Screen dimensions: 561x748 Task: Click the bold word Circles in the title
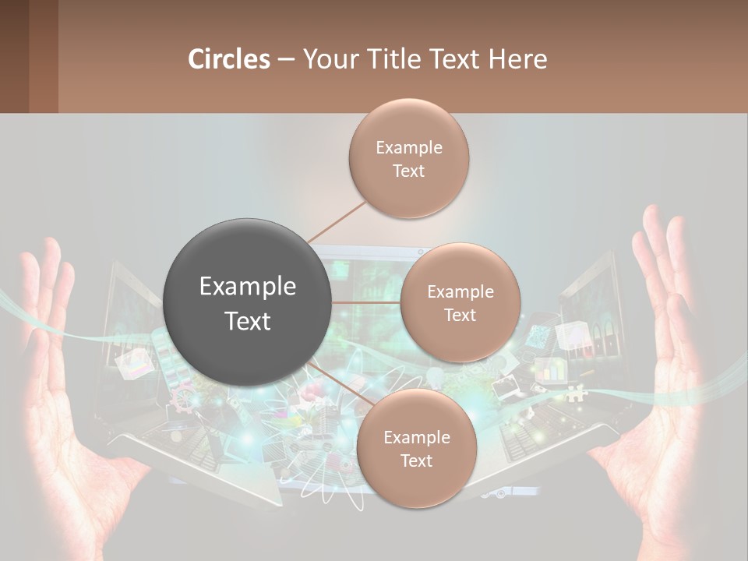click(228, 59)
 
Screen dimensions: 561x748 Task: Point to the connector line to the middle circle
click(366, 302)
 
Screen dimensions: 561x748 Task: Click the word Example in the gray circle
click(248, 287)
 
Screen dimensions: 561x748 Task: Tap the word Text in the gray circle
click(248, 321)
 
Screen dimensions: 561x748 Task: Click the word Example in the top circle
click(408, 147)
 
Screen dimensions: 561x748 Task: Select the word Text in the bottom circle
click(416, 461)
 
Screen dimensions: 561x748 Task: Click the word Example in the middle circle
click(460, 292)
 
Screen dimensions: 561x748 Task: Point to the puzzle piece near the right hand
click(576, 394)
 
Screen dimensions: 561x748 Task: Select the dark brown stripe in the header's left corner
click(14, 56)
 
